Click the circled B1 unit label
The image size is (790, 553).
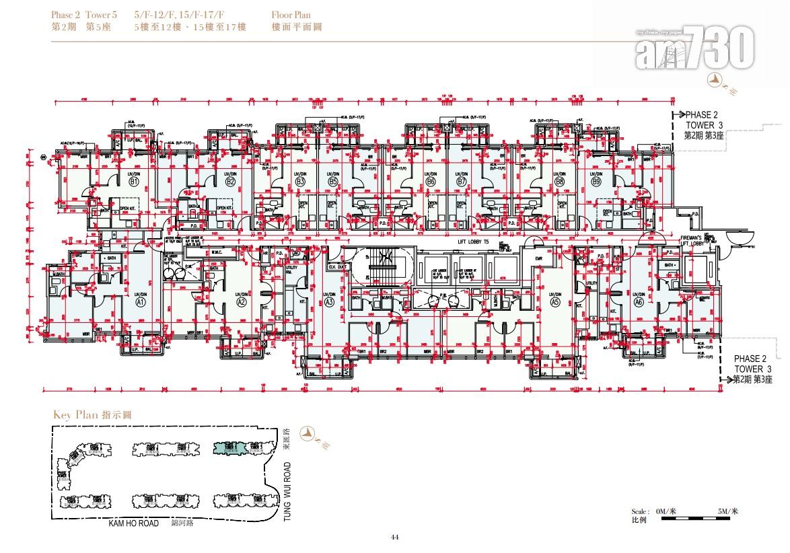pyautogui.click(x=134, y=182)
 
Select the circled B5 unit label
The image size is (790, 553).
pyautogui.click(x=332, y=182)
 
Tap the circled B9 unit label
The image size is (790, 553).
pyautogui.click(x=596, y=182)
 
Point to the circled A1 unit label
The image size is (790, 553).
pyautogui.click(x=141, y=303)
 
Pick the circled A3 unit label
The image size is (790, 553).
pyautogui.click(x=330, y=303)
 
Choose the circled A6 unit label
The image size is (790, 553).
pyautogui.click(x=639, y=303)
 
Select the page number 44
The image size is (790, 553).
pyautogui.click(x=395, y=537)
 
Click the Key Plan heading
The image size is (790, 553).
pyautogui.click(x=92, y=415)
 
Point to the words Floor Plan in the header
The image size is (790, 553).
pyautogui.click(x=291, y=14)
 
